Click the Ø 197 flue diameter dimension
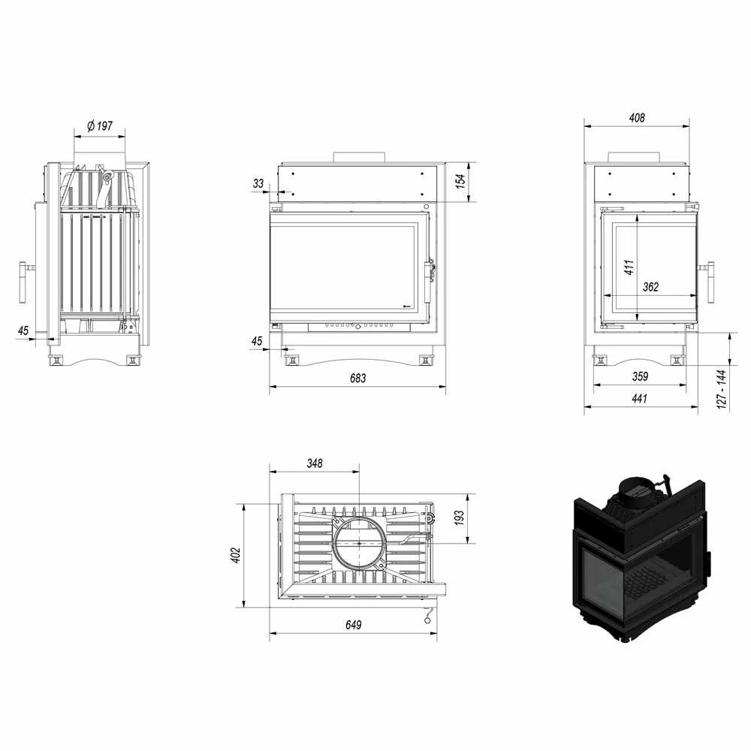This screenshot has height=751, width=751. pos(99,126)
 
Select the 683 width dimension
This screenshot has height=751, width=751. pos(357,378)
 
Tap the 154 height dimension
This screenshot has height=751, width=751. pos(461,180)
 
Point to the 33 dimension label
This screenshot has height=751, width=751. pos(258,183)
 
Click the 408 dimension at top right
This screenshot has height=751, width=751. pos(637,118)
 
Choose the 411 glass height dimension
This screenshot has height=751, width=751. pos(629,266)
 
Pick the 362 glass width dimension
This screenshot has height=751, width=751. pos(651,286)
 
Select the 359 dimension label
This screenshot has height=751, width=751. pos(640,376)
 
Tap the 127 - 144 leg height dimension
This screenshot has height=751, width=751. pos(722,388)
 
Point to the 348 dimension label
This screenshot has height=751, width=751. pos(314,463)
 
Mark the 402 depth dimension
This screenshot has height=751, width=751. pos(235,555)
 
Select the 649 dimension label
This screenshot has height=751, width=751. pos(354,625)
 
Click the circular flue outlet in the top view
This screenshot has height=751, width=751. pos(359,542)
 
